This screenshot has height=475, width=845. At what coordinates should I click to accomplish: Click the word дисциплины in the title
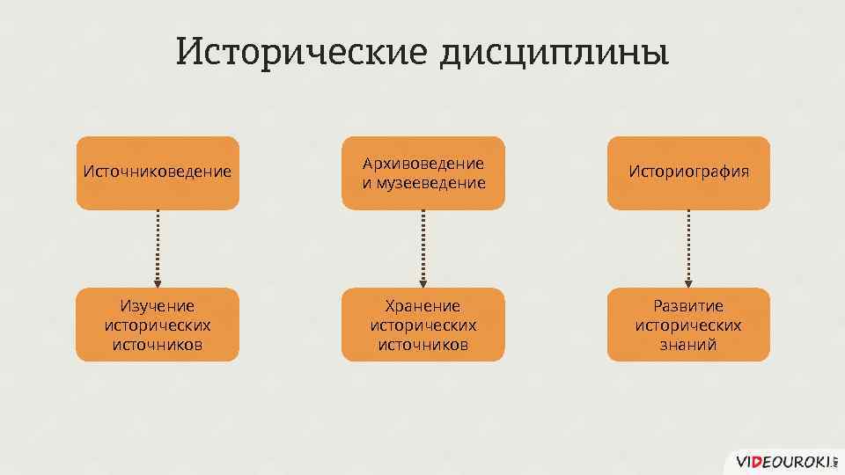click(554, 52)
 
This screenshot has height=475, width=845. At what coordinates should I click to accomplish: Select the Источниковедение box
click(158, 172)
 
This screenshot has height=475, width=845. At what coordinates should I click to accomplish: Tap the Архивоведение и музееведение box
click(423, 172)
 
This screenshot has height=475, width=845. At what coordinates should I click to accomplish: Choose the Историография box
click(688, 172)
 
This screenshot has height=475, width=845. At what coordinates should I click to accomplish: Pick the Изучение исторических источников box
click(158, 325)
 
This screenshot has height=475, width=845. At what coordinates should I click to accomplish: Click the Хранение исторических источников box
click(423, 325)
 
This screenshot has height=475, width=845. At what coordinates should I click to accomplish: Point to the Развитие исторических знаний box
click(688, 325)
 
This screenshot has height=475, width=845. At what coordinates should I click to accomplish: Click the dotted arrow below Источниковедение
click(158, 248)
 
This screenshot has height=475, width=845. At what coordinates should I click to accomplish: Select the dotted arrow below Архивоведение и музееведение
click(423, 248)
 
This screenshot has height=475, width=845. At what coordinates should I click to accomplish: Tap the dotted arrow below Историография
click(688, 248)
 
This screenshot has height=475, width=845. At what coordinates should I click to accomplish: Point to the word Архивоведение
click(423, 164)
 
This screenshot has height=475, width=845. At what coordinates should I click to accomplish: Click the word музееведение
click(430, 183)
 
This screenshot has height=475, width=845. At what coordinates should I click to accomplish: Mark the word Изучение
click(158, 306)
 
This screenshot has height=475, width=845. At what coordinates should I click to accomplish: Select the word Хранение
click(423, 306)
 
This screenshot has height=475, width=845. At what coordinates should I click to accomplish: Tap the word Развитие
click(688, 306)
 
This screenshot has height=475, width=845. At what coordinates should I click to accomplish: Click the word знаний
click(688, 344)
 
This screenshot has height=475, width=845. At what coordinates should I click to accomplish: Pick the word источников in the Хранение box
click(423, 344)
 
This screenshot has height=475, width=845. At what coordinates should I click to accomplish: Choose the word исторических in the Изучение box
click(158, 325)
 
